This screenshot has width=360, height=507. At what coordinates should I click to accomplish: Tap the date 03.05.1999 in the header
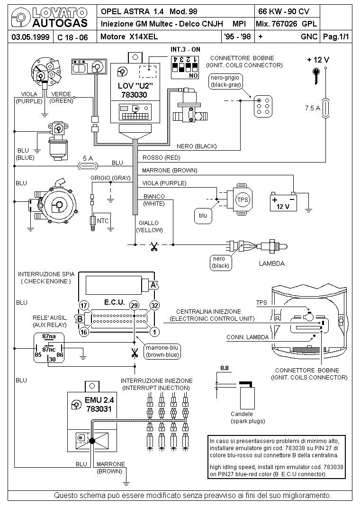coord(30,37)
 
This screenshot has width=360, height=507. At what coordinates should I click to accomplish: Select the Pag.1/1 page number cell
coord(336,36)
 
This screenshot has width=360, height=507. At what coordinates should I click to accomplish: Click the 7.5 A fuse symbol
coord(325,108)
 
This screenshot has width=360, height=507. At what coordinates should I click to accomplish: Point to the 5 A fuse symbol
coord(88,166)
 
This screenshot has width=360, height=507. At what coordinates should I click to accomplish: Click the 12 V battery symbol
coord(283,202)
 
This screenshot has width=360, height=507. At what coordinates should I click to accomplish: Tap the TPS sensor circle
coord(243,199)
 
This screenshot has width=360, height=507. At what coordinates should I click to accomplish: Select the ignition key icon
coord(316,76)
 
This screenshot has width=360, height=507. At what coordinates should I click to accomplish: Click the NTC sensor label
coord(103,221)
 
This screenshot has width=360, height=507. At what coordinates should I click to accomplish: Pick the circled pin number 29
coord(134,306)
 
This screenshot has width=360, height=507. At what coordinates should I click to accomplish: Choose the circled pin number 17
coord(84,306)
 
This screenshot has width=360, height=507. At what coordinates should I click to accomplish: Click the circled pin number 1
coord(154,332)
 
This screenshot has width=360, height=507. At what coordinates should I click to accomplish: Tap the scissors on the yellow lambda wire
coord(154,247)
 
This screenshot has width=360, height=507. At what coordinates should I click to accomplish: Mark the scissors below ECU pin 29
coord(135,353)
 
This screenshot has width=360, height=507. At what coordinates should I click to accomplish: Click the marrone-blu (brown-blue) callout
coord(162,352)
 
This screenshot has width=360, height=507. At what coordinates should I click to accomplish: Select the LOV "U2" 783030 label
coord(135,90)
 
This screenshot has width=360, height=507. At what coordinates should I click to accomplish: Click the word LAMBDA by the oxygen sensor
coord(272,263)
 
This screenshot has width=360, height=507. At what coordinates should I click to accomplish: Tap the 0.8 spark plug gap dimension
coord(224,368)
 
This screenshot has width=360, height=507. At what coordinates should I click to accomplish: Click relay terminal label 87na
coord(49,336)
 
